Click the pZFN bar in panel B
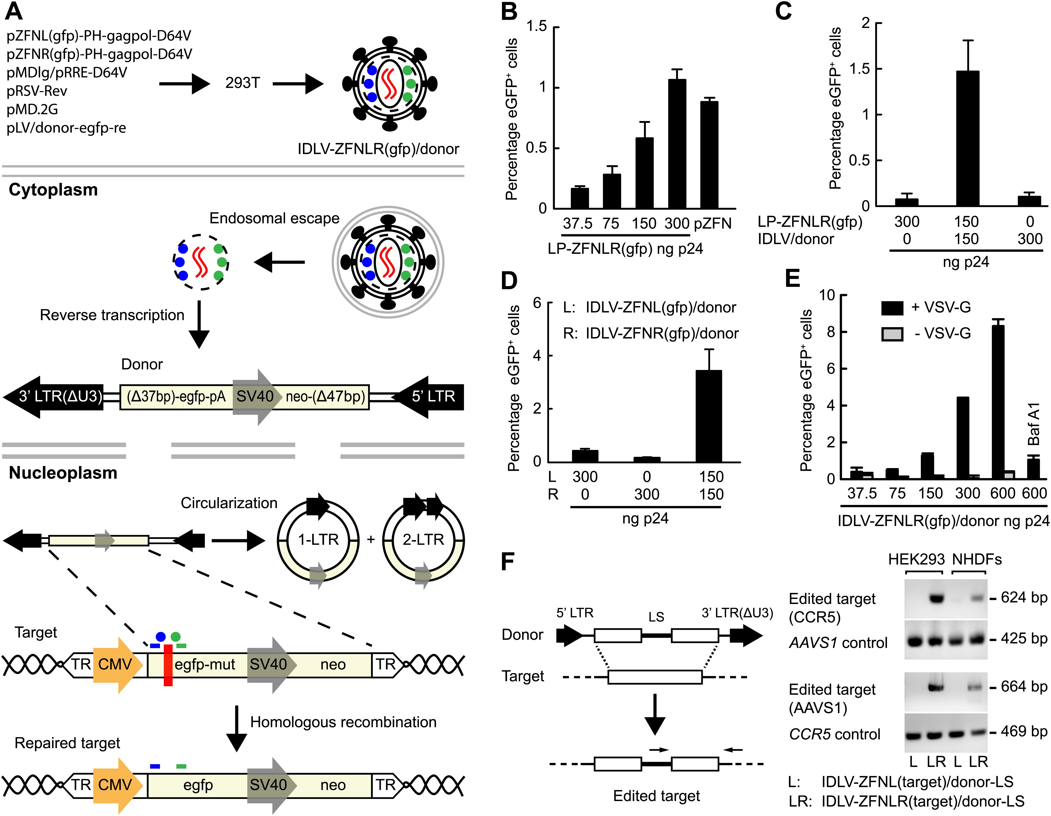tap(709, 155)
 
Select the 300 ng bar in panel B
tap(677, 144)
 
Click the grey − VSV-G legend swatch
tap(892, 334)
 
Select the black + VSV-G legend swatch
tap(892, 308)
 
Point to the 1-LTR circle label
tap(318, 539)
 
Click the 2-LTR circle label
tap(423, 539)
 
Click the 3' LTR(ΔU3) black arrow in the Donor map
tap(53, 396)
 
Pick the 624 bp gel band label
tap(1023, 597)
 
